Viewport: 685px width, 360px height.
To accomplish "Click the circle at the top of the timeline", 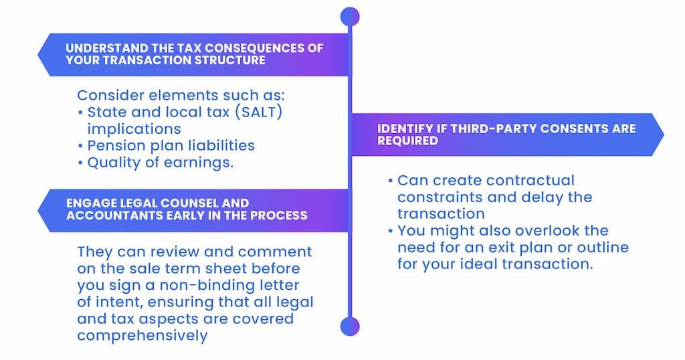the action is [x=350, y=17].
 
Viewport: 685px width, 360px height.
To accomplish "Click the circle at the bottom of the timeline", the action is [x=350, y=327].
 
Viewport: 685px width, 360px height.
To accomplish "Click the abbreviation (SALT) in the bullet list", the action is [x=259, y=112].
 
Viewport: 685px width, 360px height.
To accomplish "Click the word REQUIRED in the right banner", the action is [x=407, y=141].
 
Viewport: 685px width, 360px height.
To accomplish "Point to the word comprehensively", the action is [x=142, y=336].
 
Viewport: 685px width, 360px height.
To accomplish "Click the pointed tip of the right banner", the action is [x=664, y=134].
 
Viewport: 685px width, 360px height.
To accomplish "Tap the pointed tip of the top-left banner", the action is [x=38, y=55].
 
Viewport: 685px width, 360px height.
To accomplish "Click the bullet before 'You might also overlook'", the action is [x=391, y=231].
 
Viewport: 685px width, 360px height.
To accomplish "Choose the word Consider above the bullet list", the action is [x=111, y=95].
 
